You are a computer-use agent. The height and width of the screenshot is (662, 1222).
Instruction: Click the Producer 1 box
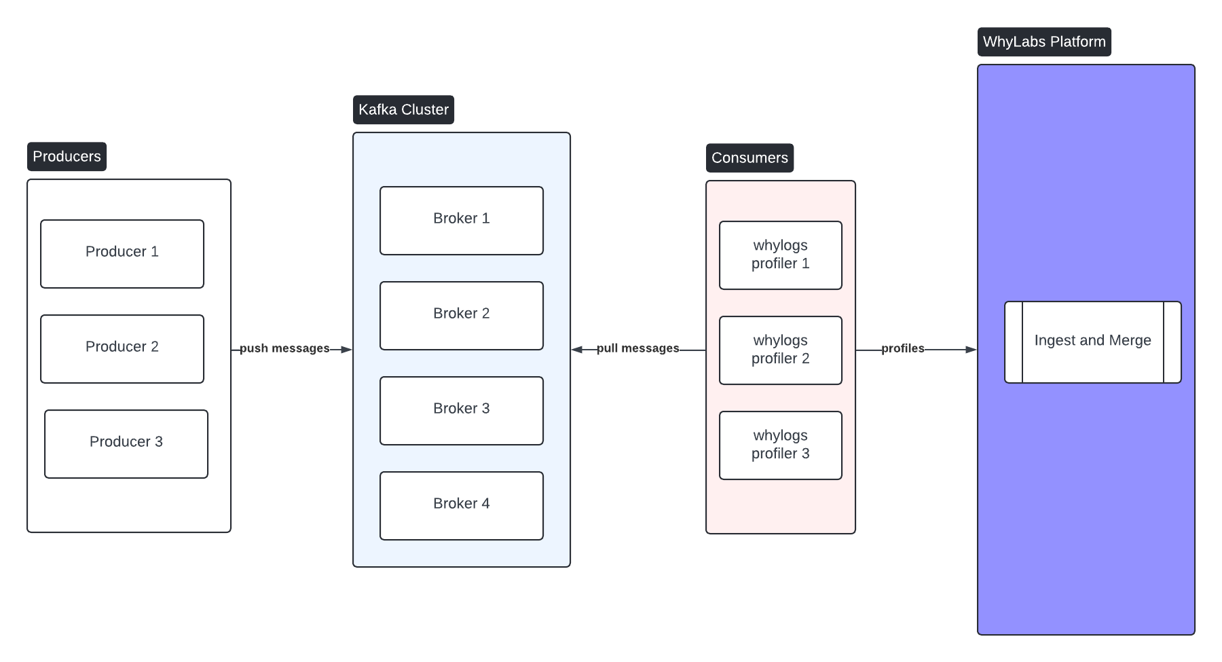pyautogui.click(x=122, y=254)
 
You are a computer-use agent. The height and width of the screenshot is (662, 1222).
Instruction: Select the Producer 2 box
pyautogui.click(x=122, y=349)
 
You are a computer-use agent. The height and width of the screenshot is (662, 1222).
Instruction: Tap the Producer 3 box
pyautogui.click(x=126, y=444)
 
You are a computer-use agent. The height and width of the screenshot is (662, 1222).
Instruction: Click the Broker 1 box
pyautogui.click(x=462, y=221)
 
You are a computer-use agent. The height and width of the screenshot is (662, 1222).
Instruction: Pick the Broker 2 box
pyautogui.click(x=462, y=316)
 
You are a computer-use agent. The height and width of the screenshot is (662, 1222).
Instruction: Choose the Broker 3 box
pyautogui.click(x=462, y=411)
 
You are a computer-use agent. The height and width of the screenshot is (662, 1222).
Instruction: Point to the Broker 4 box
pyautogui.click(x=462, y=506)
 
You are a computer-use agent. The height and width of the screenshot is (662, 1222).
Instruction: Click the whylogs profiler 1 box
pyautogui.click(x=781, y=255)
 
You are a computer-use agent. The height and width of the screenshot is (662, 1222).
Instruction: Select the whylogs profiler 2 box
pyautogui.click(x=781, y=350)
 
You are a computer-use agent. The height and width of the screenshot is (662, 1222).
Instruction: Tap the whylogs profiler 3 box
pyautogui.click(x=781, y=445)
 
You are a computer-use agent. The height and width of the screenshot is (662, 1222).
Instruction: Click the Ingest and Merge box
pyautogui.click(x=1093, y=342)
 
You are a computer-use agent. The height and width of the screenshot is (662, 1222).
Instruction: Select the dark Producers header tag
pyautogui.click(x=67, y=157)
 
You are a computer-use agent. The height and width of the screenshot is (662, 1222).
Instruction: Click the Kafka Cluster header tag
pyautogui.click(x=403, y=110)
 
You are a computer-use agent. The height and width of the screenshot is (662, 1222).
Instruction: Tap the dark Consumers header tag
pyautogui.click(x=749, y=158)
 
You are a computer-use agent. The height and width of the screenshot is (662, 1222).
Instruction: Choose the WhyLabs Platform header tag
pyautogui.click(x=1044, y=42)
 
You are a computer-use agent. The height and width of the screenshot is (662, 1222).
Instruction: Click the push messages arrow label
pyautogui.click(x=284, y=348)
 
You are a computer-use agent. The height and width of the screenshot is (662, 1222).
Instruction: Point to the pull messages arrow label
pyautogui.click(x=637, y=348)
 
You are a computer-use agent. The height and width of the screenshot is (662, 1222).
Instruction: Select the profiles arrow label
pyautogui.click(x=902, y=348)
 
